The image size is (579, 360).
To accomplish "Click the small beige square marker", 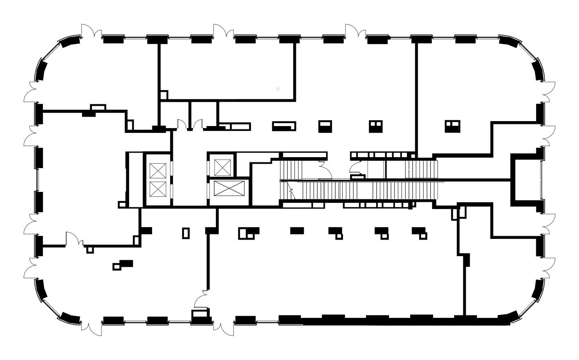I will point(278,88).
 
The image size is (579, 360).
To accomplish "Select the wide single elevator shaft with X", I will point(229,189).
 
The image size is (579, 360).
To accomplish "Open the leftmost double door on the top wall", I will point(91,32).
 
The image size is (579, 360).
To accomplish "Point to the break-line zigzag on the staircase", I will point(291,189).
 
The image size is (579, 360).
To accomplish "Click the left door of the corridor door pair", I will point(181,124).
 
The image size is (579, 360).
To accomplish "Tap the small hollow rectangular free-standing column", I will point(186,233).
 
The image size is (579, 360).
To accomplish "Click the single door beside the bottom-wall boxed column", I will point(201,299).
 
